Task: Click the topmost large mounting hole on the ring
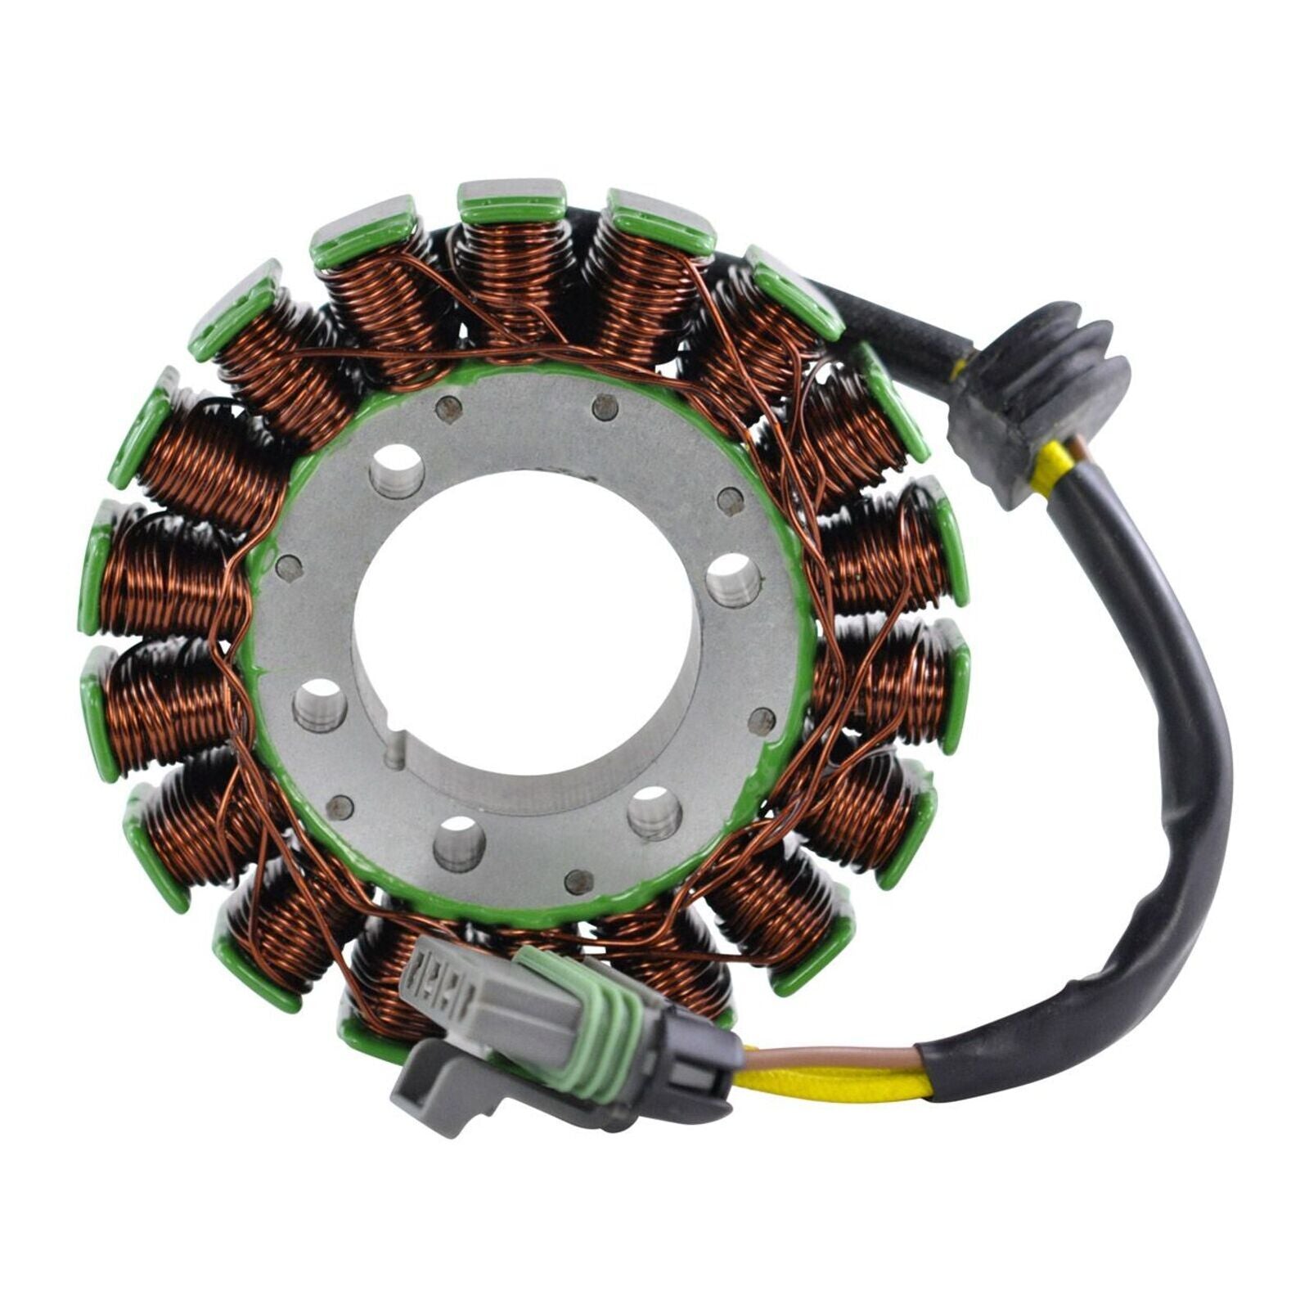[x=397, y=470]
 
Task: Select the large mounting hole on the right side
[x=733, y=578]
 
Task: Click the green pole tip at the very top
[x=511, y=200]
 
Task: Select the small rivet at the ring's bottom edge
[x=580, y=880]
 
